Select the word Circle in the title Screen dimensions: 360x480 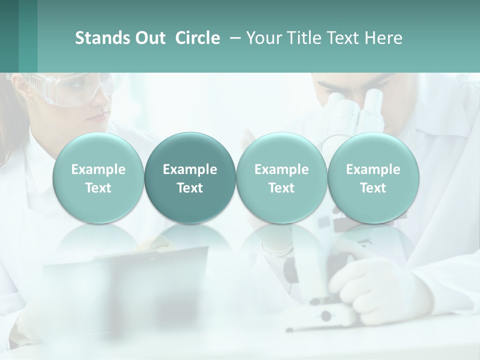[x=197, y=38]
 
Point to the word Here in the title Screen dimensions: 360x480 [x=384, y=38]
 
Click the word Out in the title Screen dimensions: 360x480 [x=149, y=38]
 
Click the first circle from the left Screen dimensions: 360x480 [x=98, y=178]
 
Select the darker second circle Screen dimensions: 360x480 [x=190, y=178]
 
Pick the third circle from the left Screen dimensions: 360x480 [x=281, y=178]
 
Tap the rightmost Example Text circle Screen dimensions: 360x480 [x=373, y=178]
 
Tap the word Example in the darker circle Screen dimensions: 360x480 [x=190, y=169]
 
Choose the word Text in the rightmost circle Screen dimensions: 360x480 [x=373, y=188]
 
